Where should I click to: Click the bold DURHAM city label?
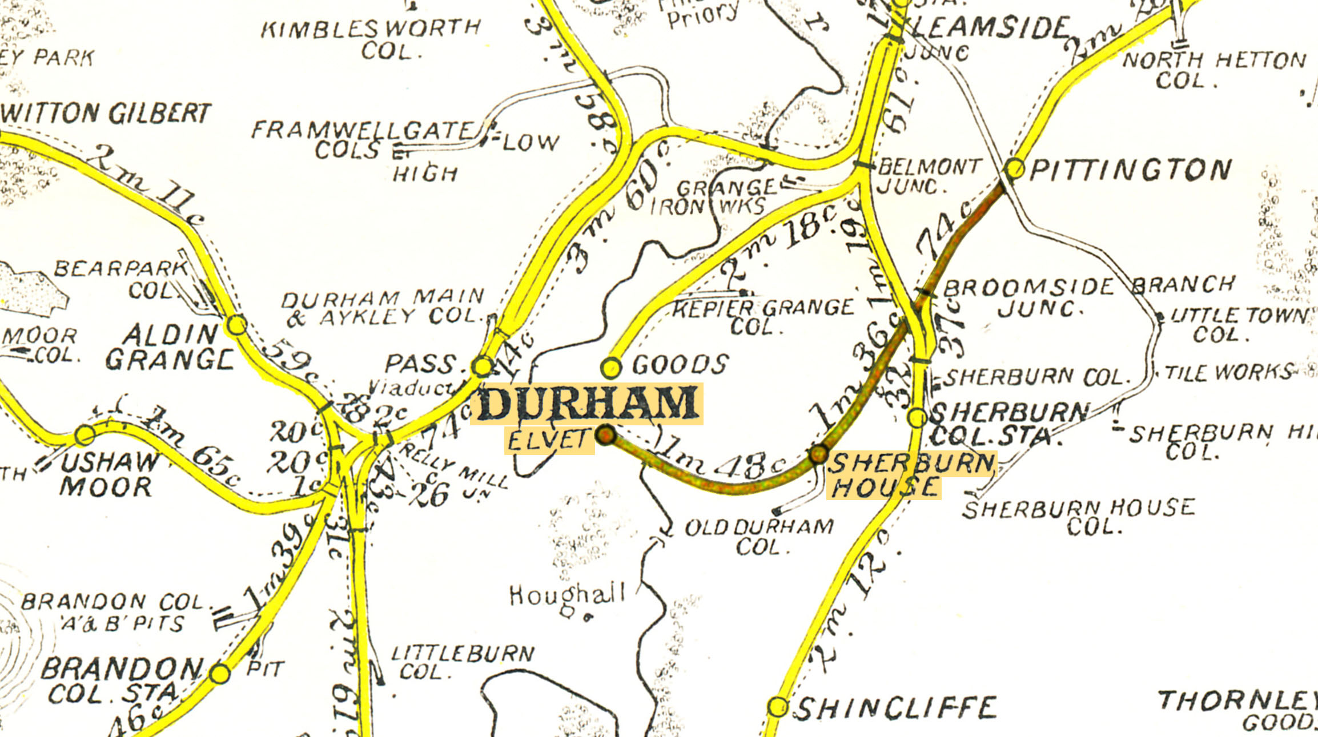click(x=586, y=404)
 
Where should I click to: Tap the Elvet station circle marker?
click(x=606, y=435)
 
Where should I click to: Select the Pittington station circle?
click(x=1015, y=168)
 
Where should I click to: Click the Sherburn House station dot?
click(x=818, y=454)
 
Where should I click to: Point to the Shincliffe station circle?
click(x=777, y=707)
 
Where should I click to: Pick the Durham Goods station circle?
click(x=611, y=368)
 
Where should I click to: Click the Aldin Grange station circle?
click(x=237, y=325)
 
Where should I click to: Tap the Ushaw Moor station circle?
click(x=85, y=435)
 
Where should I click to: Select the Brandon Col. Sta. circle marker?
click(x=219, y=674)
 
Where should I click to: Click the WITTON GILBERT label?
click(x=106, y=114)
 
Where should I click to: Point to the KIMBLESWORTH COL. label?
click(x=371, y=39)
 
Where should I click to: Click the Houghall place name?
click(x=567, y=595)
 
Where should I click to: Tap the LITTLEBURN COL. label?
click(x=463, y=662)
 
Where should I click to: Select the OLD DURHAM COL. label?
click(x=760, y=537)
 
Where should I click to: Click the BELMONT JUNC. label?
click(x=928, y=176)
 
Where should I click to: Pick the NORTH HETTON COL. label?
click(x=1213, y=70)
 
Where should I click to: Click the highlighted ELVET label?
click(x=548, y=440)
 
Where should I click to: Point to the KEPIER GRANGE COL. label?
click(x=762, y=317)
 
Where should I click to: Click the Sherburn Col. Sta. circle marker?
click(x=917, y=417)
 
